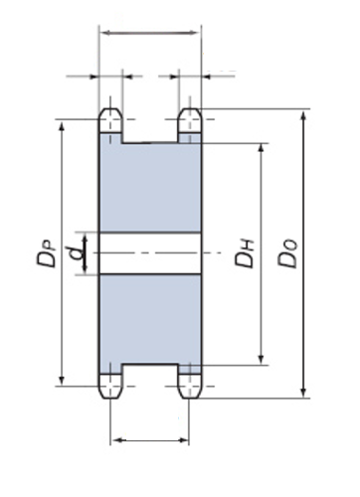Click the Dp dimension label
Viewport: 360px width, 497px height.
[x=47, y=253]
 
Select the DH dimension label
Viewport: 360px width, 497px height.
[x=245, y=253]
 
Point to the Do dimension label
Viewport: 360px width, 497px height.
[x=287, y=253]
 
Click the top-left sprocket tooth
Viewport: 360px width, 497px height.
[x=111, y=120]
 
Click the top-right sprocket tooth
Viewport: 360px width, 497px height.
[x=190, y=120]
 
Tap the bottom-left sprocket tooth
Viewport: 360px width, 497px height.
[x=111, y=386]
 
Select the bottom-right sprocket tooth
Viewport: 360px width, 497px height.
[x=190, y=386]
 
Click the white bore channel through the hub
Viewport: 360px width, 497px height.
[x=150, y=253]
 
